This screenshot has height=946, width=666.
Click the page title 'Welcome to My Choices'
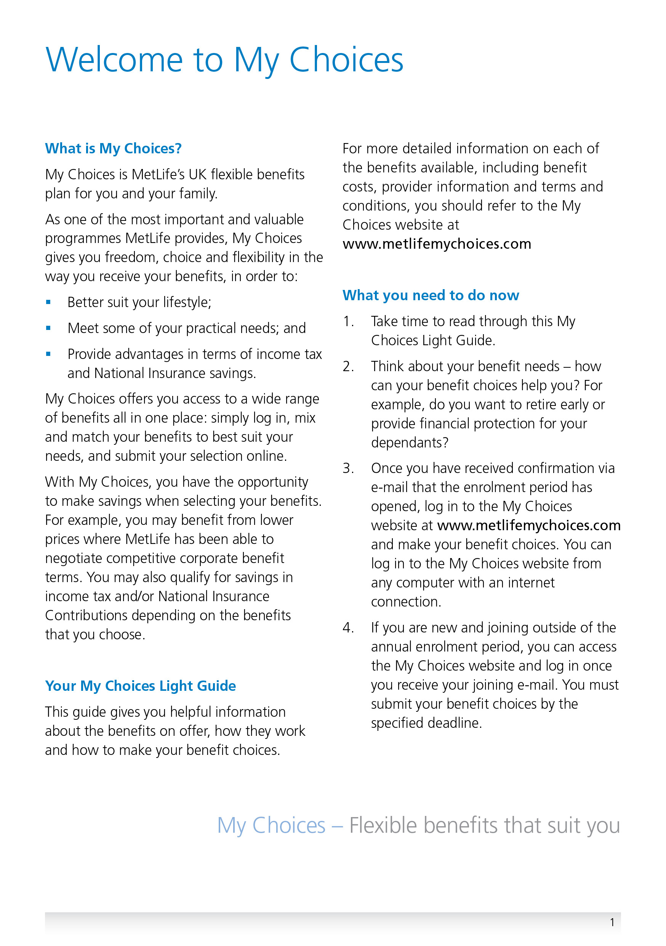click(x=224, y=60)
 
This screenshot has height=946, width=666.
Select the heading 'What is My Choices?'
click(x=113, y=148)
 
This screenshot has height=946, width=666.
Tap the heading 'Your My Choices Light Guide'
click(x=140, y=685)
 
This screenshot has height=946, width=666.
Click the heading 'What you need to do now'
click(x=431, y=295)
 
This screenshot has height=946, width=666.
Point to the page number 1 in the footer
click(x=612, y=922)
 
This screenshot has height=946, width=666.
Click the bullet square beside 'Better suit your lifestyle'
click(x=48, y=302)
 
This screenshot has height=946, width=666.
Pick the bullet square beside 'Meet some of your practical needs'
click(x=48, y=328)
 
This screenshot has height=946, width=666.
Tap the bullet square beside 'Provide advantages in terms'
click(x=48, y=354)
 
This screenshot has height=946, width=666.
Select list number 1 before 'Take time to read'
click(x=348, y=322)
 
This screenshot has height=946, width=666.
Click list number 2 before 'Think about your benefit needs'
click(x=348, y=366)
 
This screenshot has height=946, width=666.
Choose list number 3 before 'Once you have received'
click(x=348, y=468)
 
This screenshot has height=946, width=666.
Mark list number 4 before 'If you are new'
click(x=348, y=627)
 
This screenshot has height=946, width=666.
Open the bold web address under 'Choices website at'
click(x=437, y=244)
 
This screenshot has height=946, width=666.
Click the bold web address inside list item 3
click(x=528, y=525)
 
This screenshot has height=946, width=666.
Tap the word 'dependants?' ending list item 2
click(x=410, y=442)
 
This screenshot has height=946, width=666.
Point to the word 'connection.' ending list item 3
click(x=406, y=602)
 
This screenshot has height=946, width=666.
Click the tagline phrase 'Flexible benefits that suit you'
click(x=485, y=825)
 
